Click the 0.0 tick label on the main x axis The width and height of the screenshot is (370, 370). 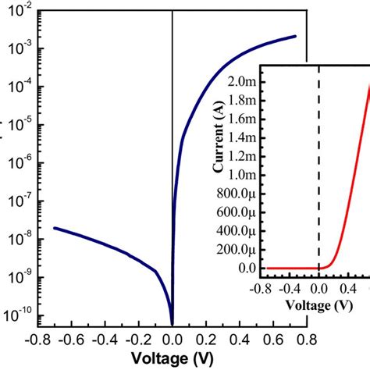[x=172, y=340]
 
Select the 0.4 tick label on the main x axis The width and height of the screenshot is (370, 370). [x=239, y=340]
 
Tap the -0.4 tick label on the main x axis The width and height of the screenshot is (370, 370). [x=105, y=340]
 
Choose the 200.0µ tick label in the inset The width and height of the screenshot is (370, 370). [x=238, y=250]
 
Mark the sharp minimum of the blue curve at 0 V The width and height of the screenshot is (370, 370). [x=172, y=321]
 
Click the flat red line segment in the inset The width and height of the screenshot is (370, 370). [x=293, y=268]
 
